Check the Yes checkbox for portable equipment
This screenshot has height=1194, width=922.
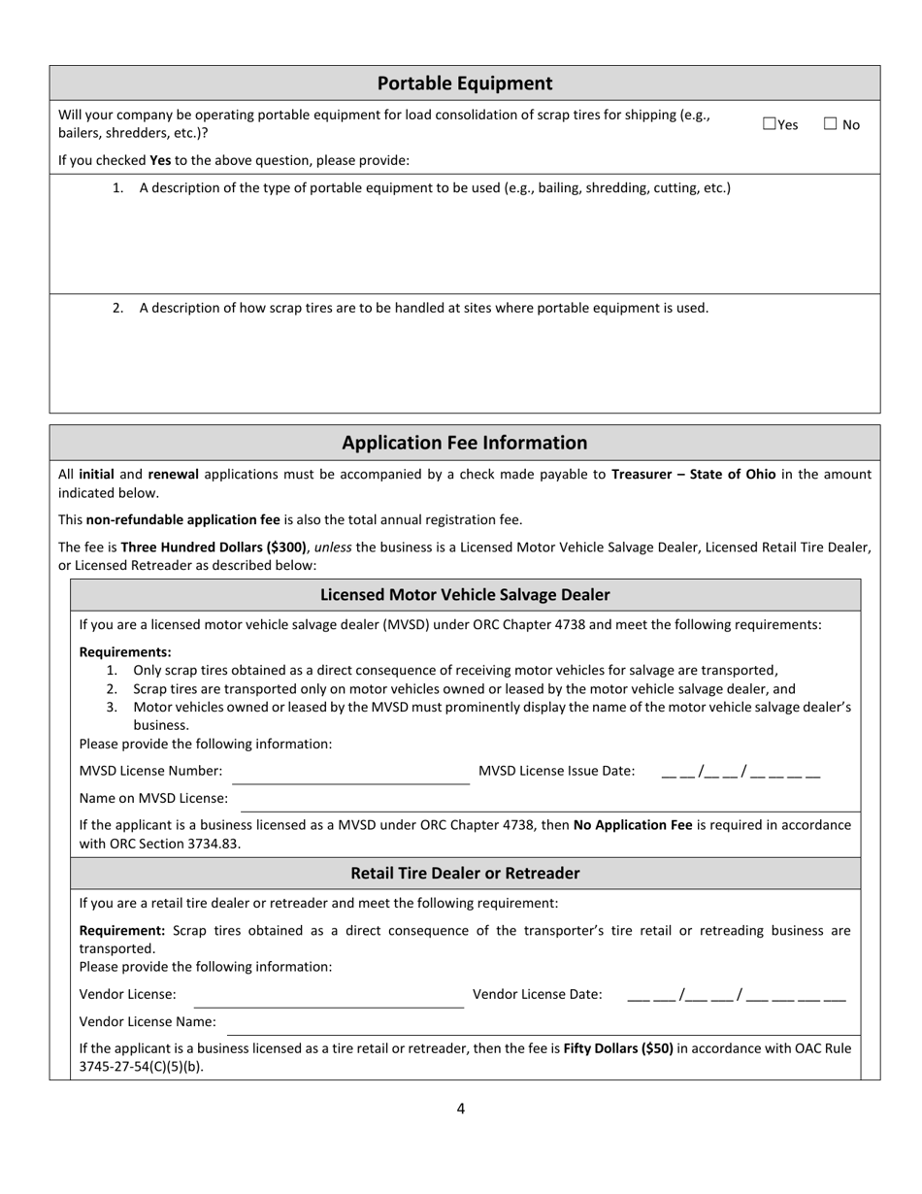[x=770, y=124]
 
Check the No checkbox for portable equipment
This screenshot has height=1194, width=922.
[x=831, y=124]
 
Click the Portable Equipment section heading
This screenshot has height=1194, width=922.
[x=464, y=83]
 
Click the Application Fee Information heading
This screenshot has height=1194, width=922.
[x=464, y=443]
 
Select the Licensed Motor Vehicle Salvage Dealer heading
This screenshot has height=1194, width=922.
[x=465, y=595]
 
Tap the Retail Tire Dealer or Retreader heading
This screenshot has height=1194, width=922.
[x=465, y=874]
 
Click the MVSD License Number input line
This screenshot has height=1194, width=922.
[x=349, y=774]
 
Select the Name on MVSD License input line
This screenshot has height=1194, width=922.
[x=548, y=801]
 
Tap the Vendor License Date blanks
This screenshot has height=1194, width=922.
[x=736, y=996]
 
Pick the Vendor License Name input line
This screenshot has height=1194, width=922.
[x=543, y=1024]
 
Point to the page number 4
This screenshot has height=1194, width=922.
[x=461, y=1109]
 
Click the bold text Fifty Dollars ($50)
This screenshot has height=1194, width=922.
[x=618, y=1048]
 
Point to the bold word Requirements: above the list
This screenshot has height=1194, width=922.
[x=125, y=652]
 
